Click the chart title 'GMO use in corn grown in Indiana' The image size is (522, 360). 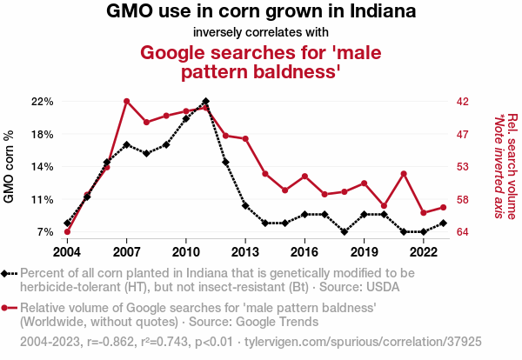point(261,12)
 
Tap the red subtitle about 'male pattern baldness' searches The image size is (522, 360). point(261,62)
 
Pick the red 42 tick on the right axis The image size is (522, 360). point(464,102)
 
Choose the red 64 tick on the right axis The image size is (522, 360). point(464,232)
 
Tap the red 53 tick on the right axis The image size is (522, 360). point(464,167)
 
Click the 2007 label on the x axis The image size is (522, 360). point(127,251)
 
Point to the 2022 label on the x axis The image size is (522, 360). point(423,251)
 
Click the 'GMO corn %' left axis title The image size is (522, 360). point(10,167)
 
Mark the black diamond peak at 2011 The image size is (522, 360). point(205,101)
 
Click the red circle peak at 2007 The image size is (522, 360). point(127,101)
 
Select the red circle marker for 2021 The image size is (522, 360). point(404,174)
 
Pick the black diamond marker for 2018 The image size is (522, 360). point(345,232)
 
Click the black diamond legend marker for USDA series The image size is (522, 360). point(8,273)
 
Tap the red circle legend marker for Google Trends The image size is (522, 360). point(8,308)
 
